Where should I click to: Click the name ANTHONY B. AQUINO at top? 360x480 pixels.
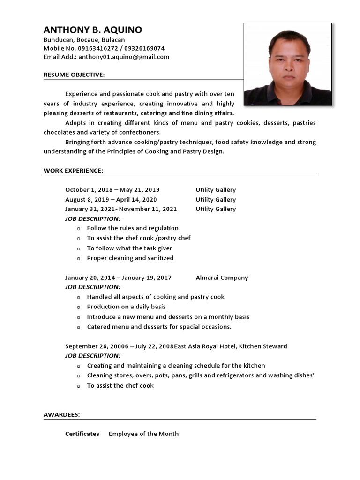pyautogui.click(x=92, y=30)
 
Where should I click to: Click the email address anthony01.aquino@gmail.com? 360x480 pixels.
pyautogui.click(x=124, y=57)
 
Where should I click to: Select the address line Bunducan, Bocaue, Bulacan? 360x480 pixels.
pyautogui.click(x=84, y=40)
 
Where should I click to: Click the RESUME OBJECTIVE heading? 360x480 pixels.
pyautogui.click(x=74, y=75)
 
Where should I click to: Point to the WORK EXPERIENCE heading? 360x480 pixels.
pyautogui.click(x=73, y=170)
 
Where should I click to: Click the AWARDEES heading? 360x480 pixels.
pyautogui.click(x=61, y=414)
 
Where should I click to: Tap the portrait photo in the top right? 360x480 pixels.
pyautogui.click(x=287, y=64)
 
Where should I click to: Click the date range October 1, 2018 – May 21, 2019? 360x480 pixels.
pyautogui.click(x=112, y=190)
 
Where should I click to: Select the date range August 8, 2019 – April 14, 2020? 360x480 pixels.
pyautogui.click(x=111, y=199)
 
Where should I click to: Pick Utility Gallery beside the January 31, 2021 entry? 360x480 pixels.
pyautogui.click(x=216, y=209)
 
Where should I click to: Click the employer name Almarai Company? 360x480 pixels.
pyautogui.click(x=222, y=277)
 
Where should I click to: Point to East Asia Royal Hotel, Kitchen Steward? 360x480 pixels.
pyautogui.click(x=231, y=346)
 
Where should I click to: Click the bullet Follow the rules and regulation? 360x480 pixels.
pyautogui.click(x=133, y=228)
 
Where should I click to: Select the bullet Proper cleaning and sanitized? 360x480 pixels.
pyautogui.click(x=130, y=258)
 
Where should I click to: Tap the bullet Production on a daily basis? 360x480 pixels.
pyautogui.click(x=126, y=307)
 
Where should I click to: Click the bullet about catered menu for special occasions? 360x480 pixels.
pyautogui.click(x=159, y=327)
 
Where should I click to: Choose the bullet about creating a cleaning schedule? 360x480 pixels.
pyautogui.click(x=176, y=366)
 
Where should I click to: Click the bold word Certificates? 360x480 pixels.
pyautogui.click(x=82, y=434)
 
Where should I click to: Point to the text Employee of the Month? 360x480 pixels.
pyautogui.click(x=143, y=434)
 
